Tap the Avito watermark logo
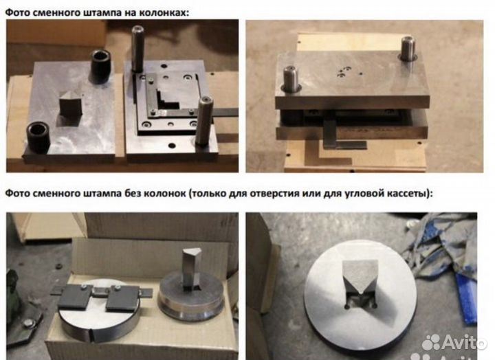tap(454, 341)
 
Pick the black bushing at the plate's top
tap(101, 66)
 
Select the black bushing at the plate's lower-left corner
tap(38, 137)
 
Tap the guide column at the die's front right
tap(204, 120)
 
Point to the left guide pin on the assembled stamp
tap(291, 79)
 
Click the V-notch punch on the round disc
tap(360, 280)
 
